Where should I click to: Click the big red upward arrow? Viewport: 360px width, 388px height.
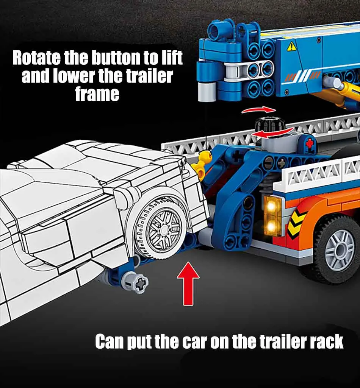(x=188, y=284)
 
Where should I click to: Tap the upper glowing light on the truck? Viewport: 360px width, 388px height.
(x=271, y=206)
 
